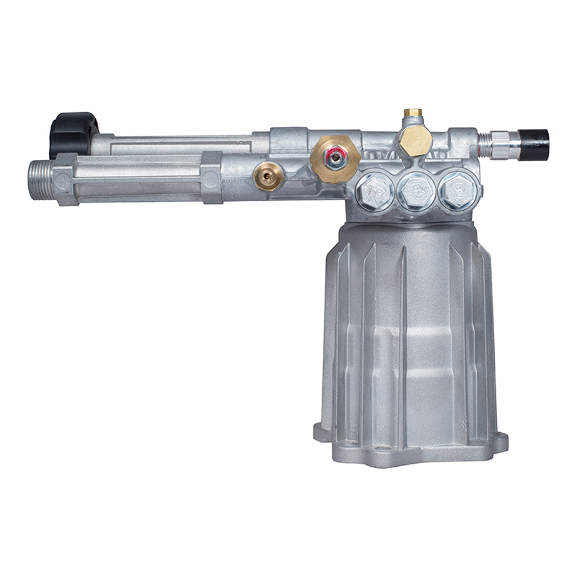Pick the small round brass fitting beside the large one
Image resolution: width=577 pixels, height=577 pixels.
pyautogui.click(x=268, y=176)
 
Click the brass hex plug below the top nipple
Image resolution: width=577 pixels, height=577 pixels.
pyautogui.click(x=415, y=141)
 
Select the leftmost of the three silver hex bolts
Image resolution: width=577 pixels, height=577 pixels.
pyautogui.click(x=374, y=193)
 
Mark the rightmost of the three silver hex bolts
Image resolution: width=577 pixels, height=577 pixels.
pyautogui.click(x=458, y=190)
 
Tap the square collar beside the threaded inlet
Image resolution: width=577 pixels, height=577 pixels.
pyautogui.click(x=64, y=179)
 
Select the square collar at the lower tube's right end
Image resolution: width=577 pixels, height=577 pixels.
pyautogui.click(x=211, y=177)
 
